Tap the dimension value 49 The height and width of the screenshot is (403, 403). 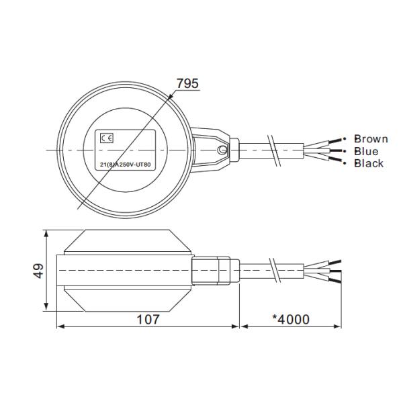tap(38, 271)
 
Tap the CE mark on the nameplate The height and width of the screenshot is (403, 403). tap(106, 138)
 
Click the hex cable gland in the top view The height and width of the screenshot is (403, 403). tap(234, 149)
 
